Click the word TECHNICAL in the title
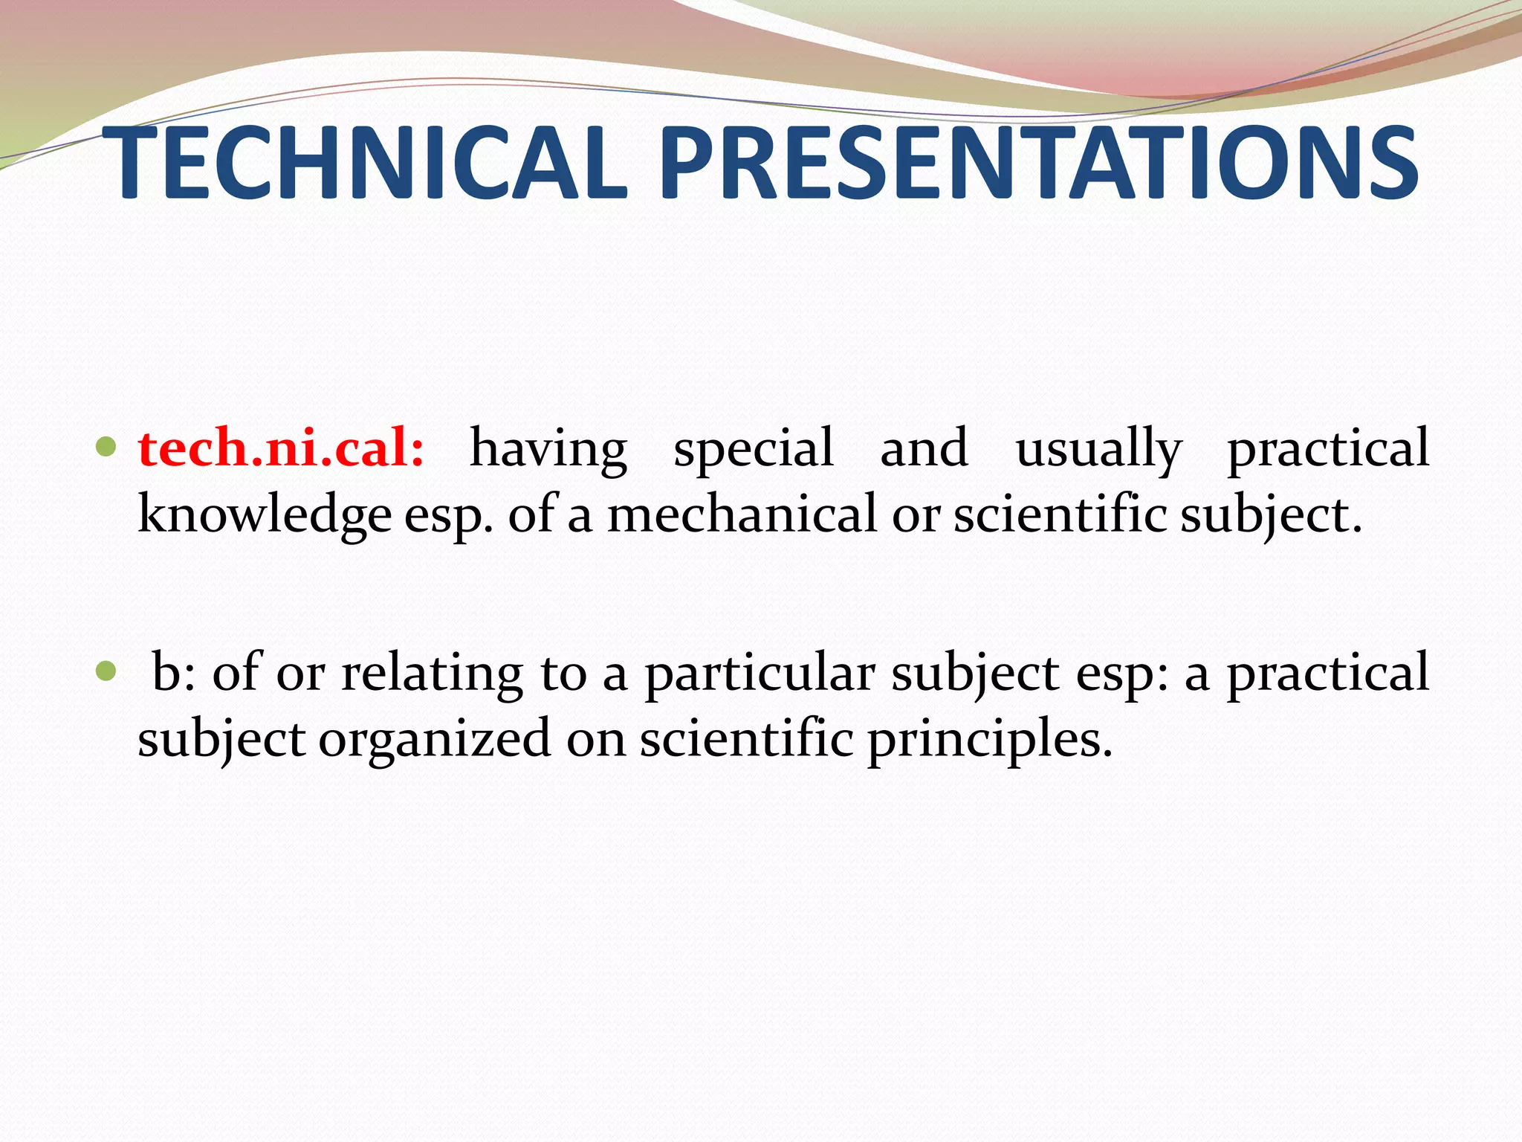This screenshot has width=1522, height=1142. [x=364, y=164]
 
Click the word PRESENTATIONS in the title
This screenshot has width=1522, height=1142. [x=1038, y=164]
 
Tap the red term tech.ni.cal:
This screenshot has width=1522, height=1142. [x=281, y=448]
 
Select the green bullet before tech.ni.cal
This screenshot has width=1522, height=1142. [x=106, y=447]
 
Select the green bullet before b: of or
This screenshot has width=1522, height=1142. [x=106, y=671]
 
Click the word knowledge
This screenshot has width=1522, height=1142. [x=265, y=515]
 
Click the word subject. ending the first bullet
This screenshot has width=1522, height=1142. [x=1271, y=515]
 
